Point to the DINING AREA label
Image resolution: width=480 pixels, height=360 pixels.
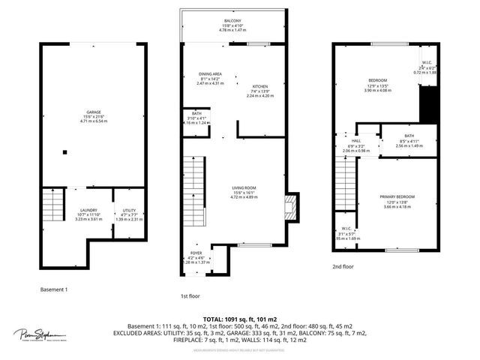click(210, 75)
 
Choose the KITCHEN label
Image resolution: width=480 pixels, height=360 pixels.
click(260, 86)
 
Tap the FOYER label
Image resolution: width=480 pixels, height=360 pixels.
click(196, 253)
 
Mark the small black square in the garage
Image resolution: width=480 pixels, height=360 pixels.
click(65, 153)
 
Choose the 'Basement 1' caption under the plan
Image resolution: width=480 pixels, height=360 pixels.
click(54, 289)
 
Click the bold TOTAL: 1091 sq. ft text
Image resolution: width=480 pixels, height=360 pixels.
click(239, 319)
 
